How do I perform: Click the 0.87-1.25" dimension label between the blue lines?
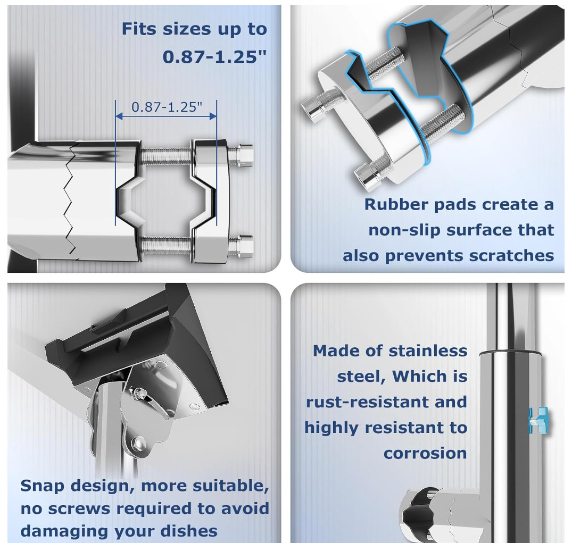pos(167,107)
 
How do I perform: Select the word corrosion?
pos(425,453)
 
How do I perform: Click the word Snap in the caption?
pos(43,487)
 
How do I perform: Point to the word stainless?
pos(428,351)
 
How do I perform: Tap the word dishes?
pos(189,531)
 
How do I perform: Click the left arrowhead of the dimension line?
pos(119,116)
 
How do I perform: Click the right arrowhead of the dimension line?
pos(213,116)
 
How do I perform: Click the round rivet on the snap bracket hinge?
pos(138,444)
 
